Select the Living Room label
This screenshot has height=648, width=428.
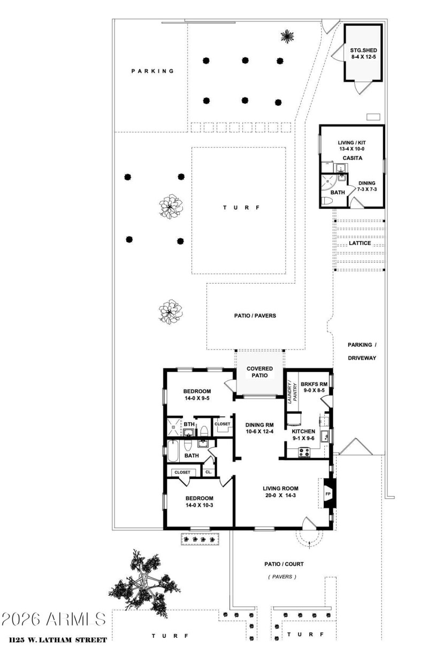(280, 492)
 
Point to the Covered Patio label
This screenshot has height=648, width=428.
(259, 372)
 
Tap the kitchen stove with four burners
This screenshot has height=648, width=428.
(304, 452)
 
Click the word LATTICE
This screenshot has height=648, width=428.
(360, 243)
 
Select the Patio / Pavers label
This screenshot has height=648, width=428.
(255, 316)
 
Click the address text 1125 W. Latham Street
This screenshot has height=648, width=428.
(54, 639)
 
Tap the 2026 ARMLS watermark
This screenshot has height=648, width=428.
(53, 619)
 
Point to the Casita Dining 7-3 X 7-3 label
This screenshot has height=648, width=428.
(367, 186)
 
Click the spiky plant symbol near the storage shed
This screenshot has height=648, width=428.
(287, 36)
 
